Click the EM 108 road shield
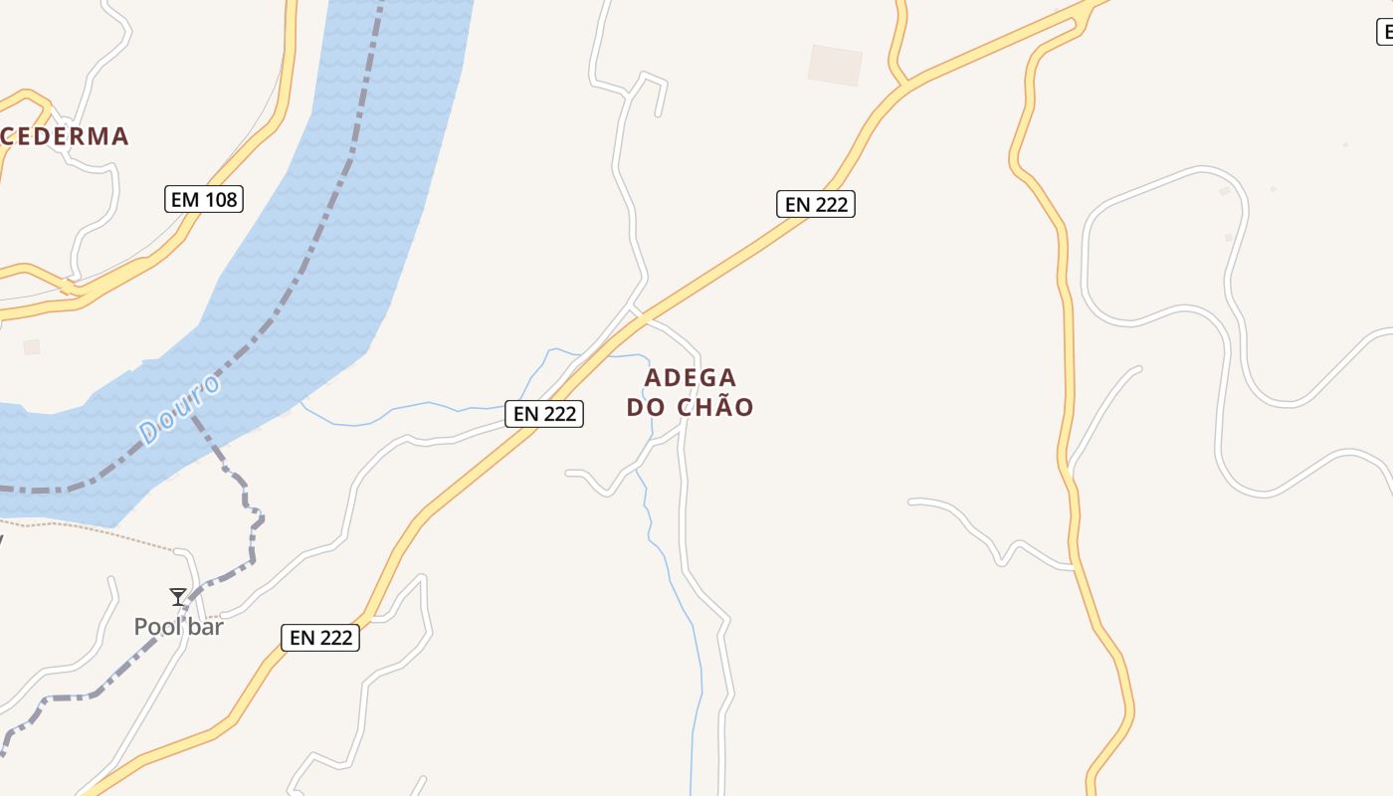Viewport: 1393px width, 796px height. click(x=204, y=199)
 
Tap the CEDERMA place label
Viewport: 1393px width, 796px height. click(x=66, y=136)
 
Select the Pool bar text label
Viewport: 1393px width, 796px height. click(x=179, y=627)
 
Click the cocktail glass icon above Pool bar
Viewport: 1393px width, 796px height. click(x=178, y=597)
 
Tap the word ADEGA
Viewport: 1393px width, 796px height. click(x=691, y=378)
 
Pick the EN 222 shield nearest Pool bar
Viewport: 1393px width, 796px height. click(x=321, y=638)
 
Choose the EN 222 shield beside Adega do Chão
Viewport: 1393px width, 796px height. click(x=544, y=414)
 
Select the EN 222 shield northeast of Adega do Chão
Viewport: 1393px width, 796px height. click(x=816, y=204)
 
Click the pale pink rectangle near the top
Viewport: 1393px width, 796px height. click(x=835, y=65)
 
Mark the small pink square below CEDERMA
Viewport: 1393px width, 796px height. click(x=32, y=347)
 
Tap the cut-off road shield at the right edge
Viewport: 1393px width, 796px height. click(x=1384, y=32)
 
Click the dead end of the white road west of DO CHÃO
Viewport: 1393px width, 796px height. click(x=568, y=473)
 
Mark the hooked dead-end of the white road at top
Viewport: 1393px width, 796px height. click(x=659, y=113)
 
